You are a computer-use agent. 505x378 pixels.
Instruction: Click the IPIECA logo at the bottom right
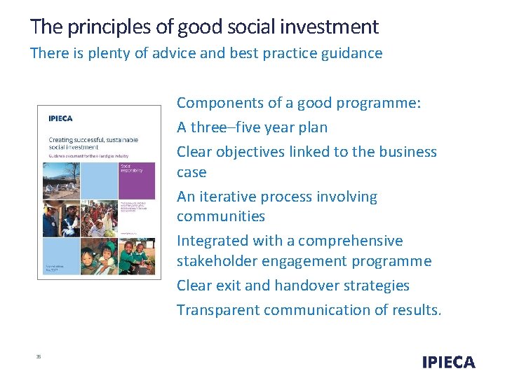(448, 362)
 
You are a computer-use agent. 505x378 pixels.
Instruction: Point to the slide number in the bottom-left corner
(39, 356)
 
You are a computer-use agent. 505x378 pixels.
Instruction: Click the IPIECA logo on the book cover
(60, 118)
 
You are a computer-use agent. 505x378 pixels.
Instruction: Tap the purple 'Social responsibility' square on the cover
(137, 178)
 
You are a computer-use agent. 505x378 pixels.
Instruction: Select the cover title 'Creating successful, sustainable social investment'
(93, 144)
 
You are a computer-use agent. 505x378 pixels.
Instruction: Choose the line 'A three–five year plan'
(252, 127)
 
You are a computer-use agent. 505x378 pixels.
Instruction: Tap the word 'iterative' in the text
(228, 197)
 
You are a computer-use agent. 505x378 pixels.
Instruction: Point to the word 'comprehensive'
(350, 241)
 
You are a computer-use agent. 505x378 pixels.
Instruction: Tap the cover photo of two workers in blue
(61, 218)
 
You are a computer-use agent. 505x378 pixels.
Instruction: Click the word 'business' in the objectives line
(408, 152)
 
